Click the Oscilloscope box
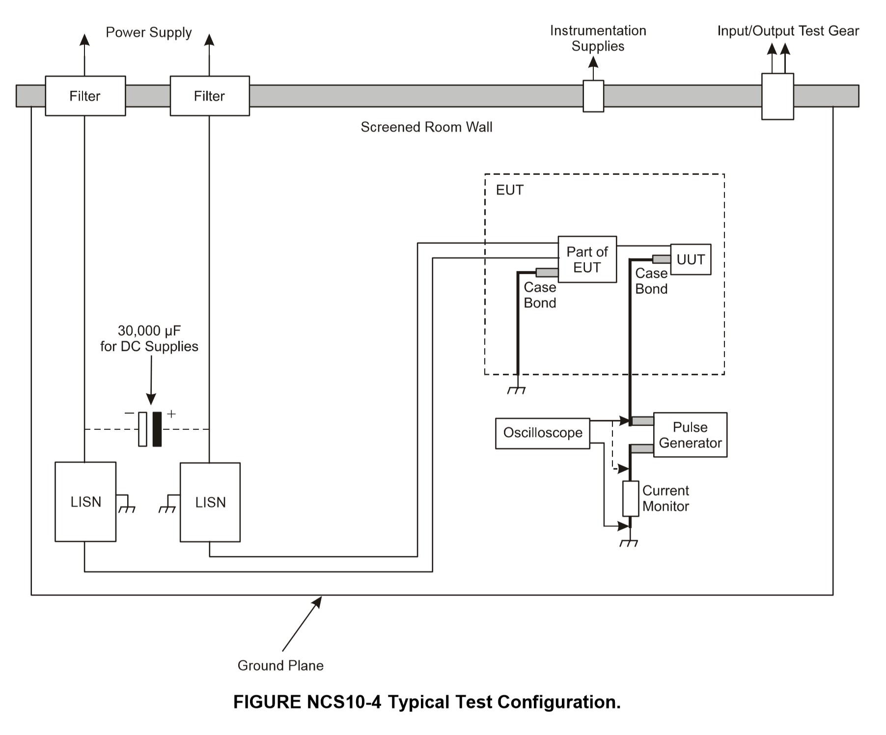pyautogui.click(x=542, y=433)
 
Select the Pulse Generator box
pyautogui.click(x=690, y=435)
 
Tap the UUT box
pyautogui.click(x=691, y=259)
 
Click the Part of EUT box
pyautogui.click(x=587, y=259)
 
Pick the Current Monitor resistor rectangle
pyautogui.click(x=631, y=499)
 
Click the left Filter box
pyautogui.click(x=85, y=96)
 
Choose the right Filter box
pyautogui.click(x=210, y=96)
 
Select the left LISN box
pyautogui.click(x=85, y=502)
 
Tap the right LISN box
pyautogui.click(x=210, y=502)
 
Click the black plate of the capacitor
pyautogui.click(x=157, y=429)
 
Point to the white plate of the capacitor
pyautogui.click(x=142, y=429)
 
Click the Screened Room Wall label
pyautogui.click(x=426, y=127)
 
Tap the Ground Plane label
pyautogui.click(x=280, y=666)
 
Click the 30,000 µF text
pyautogui.click(x=149, y=331)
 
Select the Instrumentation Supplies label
pyautogui.click(x=598, y=38)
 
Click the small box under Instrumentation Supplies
pyautogui.click(x=593, y=96)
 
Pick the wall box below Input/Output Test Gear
pyautogui.click(x=777, y=96)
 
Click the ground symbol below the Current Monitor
pyautogui.click(x=629, y=543)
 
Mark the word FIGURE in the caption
pyautogui.click(x=267, y=702)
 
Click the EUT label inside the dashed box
pyautogui.click(x=510, y=190)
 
